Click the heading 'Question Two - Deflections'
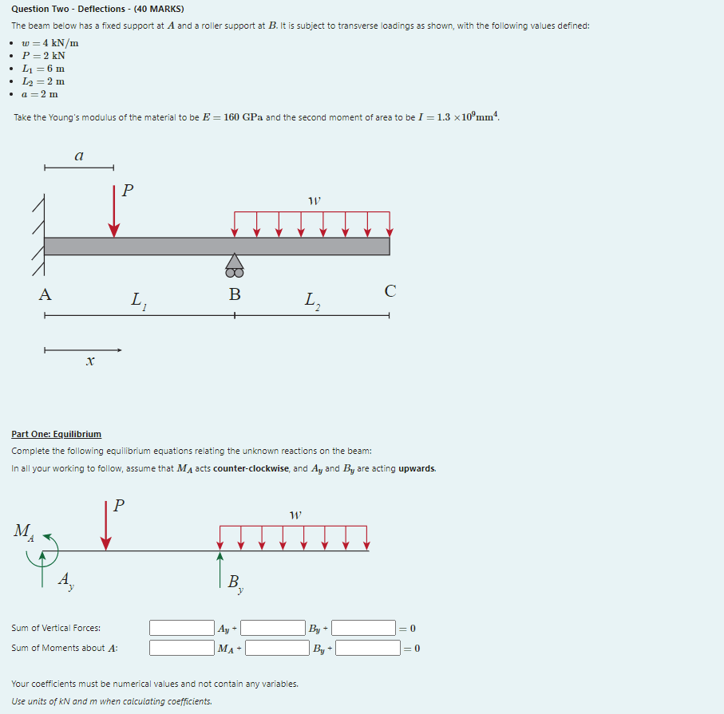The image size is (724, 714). point(97,10)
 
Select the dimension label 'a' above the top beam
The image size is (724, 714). point(78,157)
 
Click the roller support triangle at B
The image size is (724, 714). point(234,262)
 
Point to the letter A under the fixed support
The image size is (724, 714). point(45,294)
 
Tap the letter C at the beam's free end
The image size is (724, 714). point(390,291)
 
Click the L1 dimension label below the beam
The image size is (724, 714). point(138,301)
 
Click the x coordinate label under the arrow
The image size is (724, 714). point(89,362)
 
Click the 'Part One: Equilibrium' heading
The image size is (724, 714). point(56,434)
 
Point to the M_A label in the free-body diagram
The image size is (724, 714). point(24,531)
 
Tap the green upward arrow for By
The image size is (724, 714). point(220,568)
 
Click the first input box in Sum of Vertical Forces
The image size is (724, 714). point(181,628)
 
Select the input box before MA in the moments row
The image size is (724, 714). point(181,648)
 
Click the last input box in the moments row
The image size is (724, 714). point(367,648)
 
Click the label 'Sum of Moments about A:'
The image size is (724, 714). point(64,648)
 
